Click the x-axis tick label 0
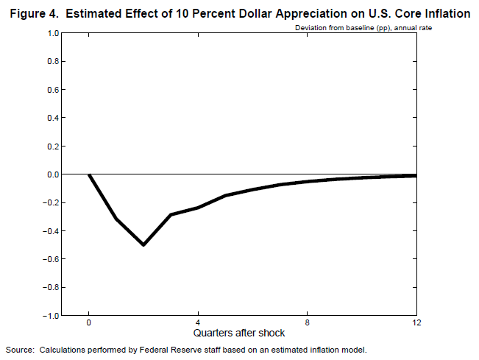pos(89,322)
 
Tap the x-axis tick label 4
pos(198,322)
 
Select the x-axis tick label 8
pos(308,322)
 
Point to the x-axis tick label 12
pos(416,322)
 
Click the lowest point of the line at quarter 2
pos(143,244)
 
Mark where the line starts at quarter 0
pos(89,174)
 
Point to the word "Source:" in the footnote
pos(20,349)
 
